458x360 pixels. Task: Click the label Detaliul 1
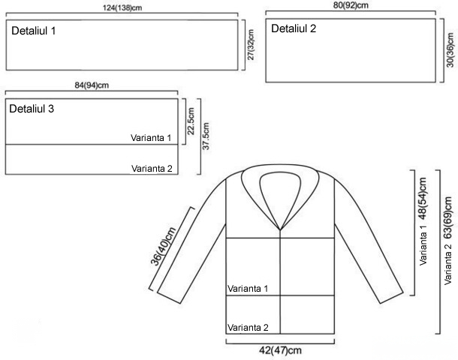33,31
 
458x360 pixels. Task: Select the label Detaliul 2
294,28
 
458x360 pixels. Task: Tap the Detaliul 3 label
32,109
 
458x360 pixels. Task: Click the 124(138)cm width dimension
122,7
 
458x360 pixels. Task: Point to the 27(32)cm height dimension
251,45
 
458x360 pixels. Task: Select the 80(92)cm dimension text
351,5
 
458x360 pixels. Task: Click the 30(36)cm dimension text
450,50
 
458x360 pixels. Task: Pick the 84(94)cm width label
92,85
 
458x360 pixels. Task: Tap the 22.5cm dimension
191,121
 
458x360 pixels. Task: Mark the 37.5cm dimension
206,136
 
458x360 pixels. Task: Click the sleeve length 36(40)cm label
163,246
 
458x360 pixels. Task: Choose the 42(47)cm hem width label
280,350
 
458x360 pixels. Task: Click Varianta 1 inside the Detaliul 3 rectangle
151,138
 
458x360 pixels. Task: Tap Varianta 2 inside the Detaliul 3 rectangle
152,168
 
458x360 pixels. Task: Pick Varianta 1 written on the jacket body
248,289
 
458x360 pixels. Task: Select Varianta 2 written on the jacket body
248,328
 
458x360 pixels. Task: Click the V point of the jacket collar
280,230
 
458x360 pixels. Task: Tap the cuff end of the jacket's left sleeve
169,298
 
